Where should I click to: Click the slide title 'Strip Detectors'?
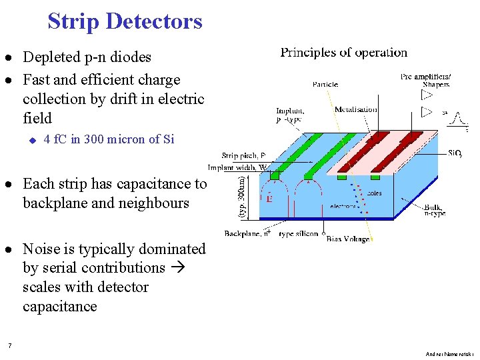[x=125, y=21]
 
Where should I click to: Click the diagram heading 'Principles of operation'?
[x=343, y=53]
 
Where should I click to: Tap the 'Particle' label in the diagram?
[x=325, y=85]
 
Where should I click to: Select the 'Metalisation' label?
[x=355, y=109]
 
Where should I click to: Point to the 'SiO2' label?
[x=455, y=153]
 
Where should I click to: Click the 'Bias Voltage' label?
[x=348, y=239]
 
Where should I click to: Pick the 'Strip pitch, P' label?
[x=243, y=155]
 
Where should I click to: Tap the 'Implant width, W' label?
[x=238, y=168]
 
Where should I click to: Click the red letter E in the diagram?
[x=269, y=199]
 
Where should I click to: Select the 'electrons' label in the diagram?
[x=343, y=207]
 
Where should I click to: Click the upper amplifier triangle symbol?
[x=427, y=95]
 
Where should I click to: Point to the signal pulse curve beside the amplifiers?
[x=458, y=119]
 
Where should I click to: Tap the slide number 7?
[x=9, y=345]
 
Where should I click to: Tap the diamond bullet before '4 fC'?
[x=31, y=139]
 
